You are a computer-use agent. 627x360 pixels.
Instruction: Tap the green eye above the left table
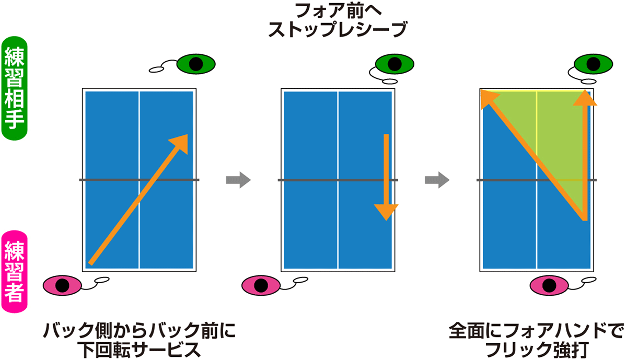[x=196, y=64]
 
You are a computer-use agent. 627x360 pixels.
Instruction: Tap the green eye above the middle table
[x=395, y=64]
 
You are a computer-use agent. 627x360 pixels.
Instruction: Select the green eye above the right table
[x=593, y=64]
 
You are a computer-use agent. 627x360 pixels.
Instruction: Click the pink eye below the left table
[x=62, y=285]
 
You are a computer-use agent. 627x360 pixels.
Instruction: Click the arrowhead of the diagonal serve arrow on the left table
[x=179, y=143]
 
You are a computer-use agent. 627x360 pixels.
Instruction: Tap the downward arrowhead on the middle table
[x=386, y=212]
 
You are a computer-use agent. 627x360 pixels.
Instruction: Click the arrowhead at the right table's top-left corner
[x=488, y=98]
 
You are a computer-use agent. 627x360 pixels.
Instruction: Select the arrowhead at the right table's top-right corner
[x=584, y=98]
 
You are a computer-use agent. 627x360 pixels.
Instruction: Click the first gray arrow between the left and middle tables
[x=238, y=180]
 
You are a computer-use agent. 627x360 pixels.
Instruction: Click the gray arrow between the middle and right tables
[x=437, y=180]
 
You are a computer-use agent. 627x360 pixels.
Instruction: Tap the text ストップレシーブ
[x=337, y=30]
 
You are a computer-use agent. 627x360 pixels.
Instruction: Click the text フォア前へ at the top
[x=338, y=10]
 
